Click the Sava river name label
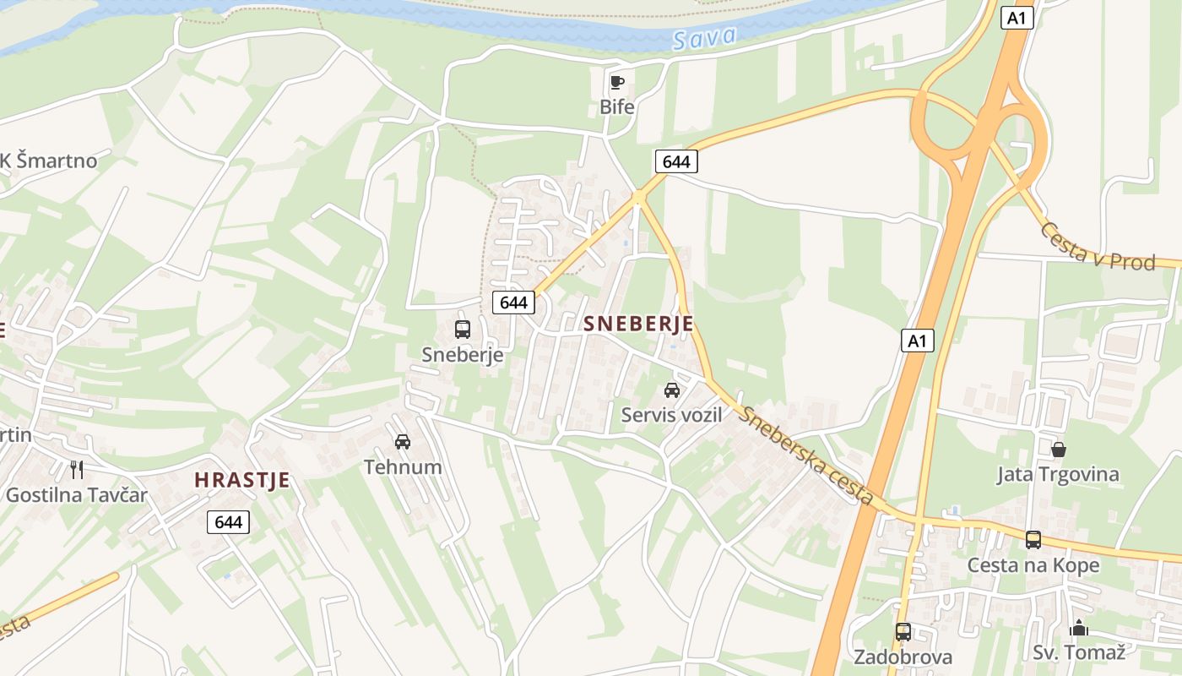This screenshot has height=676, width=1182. pos(705,37)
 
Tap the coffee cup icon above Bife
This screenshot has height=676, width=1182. pos(616,82)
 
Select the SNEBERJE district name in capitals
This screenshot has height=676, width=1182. pos(638,324)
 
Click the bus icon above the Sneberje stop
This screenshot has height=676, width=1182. pos(462,330)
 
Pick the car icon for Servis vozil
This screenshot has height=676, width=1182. pos(672,390)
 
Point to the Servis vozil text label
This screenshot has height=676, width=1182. pos(672,415)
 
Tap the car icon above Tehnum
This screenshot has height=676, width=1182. pos(403,441)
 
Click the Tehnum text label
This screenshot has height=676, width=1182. pos(403,466)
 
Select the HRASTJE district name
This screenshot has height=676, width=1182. pos(242,480)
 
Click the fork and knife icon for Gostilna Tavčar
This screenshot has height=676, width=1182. pos(77,470)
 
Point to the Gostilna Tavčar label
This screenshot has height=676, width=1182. pos(77,495)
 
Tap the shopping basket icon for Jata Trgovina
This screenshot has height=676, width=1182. pos(1058,449)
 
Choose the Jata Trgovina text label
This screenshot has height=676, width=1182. pos(1058,474)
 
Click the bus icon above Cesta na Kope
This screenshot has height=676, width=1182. pos(1033,539)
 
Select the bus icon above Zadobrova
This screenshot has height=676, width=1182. pos(903,631)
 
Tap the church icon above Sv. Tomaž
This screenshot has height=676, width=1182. pos(1079,628)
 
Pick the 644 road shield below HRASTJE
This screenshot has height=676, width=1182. pos(228,522)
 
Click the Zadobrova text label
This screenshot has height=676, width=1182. pos(903,657)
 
